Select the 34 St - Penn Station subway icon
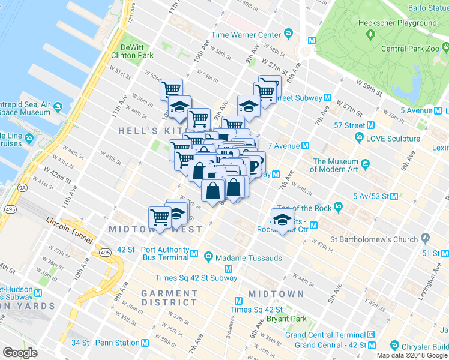pyautogui.click(x=145, y=343)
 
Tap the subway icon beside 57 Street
pyautogui.click(x=370, y=125)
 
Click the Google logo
pyautogui.click(x=20, y=352)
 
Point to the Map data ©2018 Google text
pyautogui.click(x=412, y=355)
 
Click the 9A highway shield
pyautogui.click(x=23, y=188)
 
